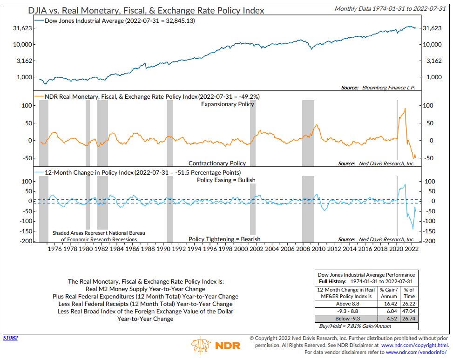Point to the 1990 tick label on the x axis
163,249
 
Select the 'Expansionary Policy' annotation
228,104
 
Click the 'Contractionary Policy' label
217,163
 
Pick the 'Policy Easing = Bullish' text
226,180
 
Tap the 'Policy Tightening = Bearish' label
224,239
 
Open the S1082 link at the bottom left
10,338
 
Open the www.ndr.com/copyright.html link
414,345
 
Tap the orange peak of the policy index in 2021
405,109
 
